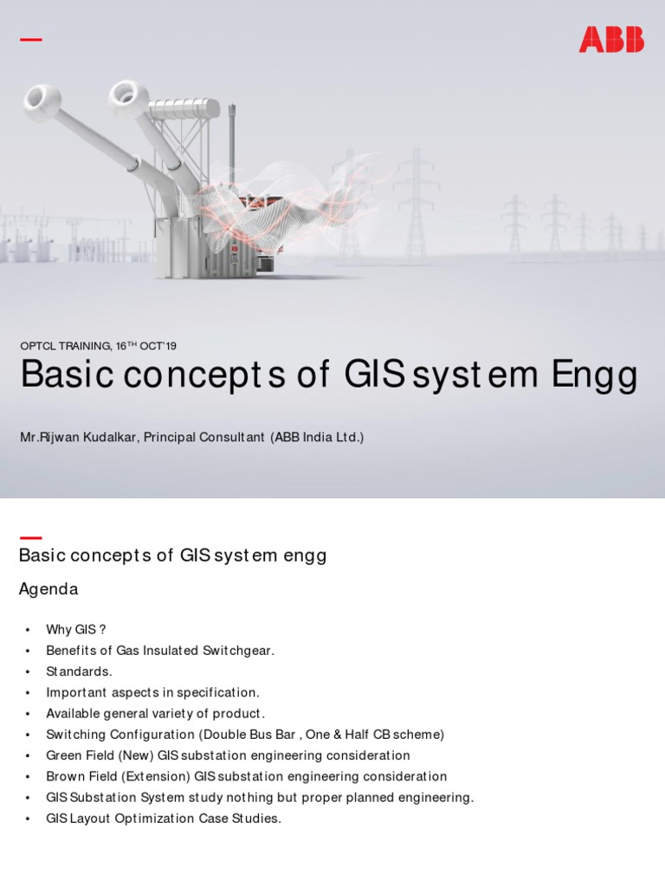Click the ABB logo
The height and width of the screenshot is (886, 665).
(x=611, y=40)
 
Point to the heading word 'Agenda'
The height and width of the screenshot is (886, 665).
(x=48, y=589)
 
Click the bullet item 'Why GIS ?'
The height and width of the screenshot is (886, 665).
(x=75, y=630)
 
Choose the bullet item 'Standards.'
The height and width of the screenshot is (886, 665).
(x=79, y=672)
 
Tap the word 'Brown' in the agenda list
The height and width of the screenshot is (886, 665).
(x=64, y=777)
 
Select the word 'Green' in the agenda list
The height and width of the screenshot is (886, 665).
(x=64, y=756)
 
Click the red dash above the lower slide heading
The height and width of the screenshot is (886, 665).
(x=30, y=538)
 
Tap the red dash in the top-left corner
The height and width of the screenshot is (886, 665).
(x=30, y=40)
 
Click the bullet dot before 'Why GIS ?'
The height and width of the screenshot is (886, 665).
(x=28, y=630)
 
